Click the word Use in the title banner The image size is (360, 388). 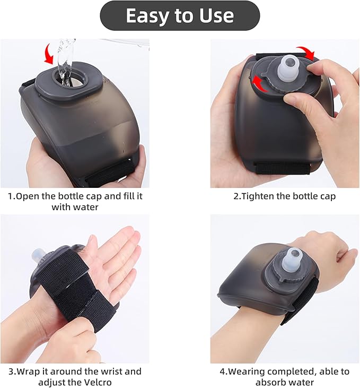(x=217, y=15)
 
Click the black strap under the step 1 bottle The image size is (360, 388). (x=110, y=173)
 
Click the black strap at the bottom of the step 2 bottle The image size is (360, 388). (x=282, y=168)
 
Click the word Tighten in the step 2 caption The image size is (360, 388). (x=257, y=196)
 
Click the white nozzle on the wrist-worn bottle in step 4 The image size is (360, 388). (x=294, y=260)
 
